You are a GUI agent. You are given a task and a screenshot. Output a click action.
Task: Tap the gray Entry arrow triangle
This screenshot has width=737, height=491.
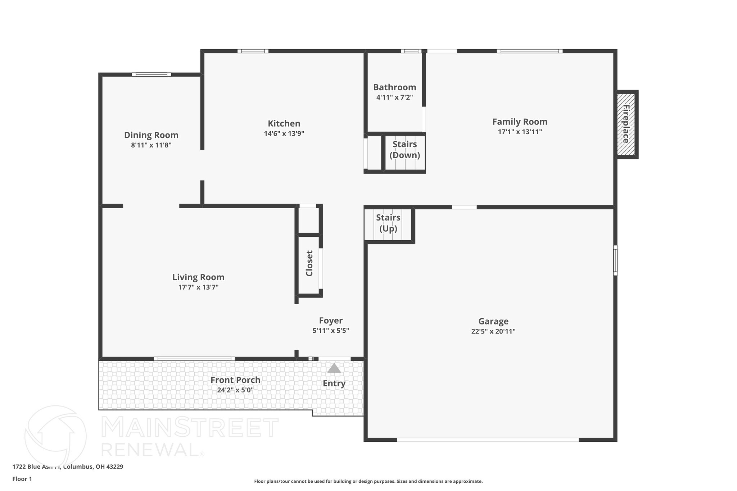point(334,368)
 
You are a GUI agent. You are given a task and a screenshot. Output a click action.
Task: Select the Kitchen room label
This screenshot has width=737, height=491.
point(284,123)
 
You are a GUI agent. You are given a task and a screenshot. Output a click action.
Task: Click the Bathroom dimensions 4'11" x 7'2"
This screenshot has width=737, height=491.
point(394,97)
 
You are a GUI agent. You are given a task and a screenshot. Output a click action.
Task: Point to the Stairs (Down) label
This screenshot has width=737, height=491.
point(405,150)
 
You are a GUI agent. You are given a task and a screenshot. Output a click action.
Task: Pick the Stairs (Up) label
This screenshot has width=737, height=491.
point(388,223)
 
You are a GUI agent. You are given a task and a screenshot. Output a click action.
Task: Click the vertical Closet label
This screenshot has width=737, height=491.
point(309,263)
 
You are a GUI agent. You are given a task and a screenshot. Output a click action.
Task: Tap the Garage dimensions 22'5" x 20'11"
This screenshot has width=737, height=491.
point(493,331)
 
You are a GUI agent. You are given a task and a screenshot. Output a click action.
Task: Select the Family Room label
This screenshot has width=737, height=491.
point(520,122)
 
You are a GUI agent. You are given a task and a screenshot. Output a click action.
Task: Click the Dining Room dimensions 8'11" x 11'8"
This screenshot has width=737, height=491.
point(151,145)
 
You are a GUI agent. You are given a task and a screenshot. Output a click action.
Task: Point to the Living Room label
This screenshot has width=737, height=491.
point(198,277)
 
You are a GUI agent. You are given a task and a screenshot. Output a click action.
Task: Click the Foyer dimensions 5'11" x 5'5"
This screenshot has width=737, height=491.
point(331,330)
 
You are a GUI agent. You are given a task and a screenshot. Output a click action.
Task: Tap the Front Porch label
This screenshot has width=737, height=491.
point(235,380)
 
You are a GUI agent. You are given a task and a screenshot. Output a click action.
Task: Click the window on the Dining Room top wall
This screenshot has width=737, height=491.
point(152,74)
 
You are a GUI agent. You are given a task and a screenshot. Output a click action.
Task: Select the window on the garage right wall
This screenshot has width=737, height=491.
point(615,260)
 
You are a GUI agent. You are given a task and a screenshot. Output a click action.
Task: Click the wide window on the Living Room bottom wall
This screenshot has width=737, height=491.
point(194,359)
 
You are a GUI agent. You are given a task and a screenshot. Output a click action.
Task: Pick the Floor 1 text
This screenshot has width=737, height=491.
point(22,479)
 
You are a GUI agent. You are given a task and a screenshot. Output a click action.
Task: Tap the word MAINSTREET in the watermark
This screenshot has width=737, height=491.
point(189,428)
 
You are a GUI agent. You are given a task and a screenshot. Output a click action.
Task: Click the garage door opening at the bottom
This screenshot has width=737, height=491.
point(488,440)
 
